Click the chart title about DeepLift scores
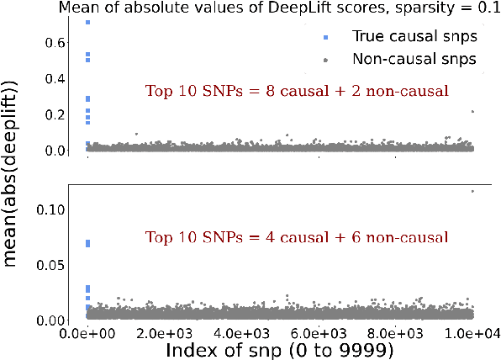(x=278, y=8)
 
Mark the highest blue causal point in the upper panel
(x=88, y=22)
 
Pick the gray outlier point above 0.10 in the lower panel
(x=473, y=191)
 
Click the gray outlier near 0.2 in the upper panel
(x=473, y=111)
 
